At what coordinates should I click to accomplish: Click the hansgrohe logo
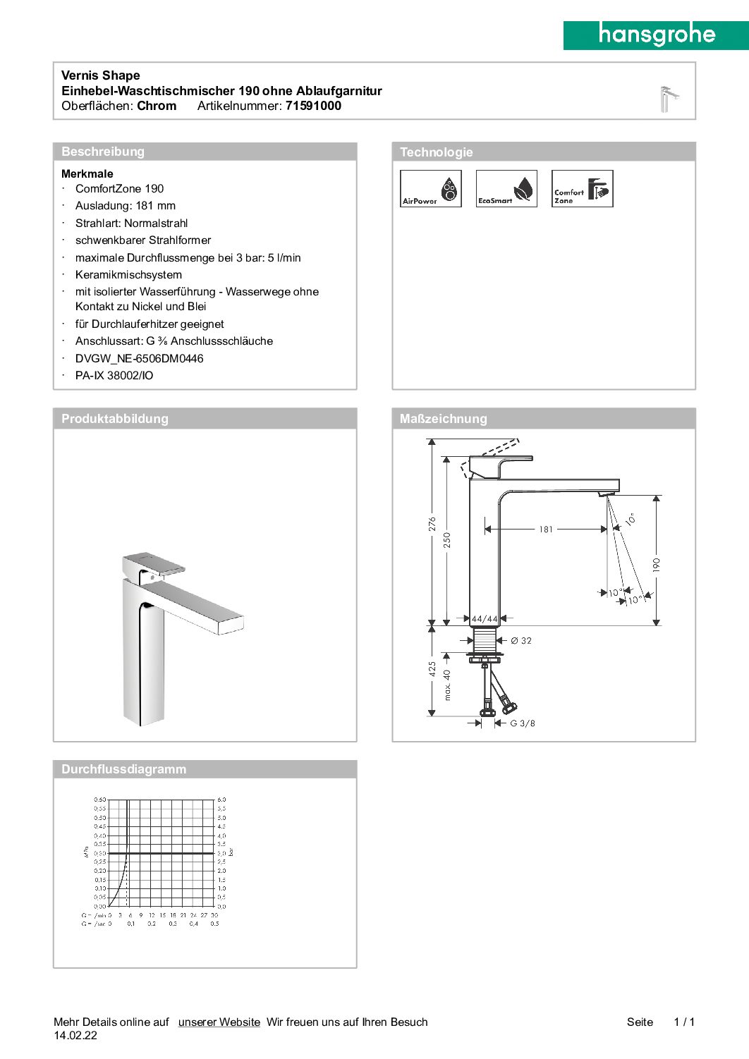656,35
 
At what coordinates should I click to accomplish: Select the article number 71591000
313,106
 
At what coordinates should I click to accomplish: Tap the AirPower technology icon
430,188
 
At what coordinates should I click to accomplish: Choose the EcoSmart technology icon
506,188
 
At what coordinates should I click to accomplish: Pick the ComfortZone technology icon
582,188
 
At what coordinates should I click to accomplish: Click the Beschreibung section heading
103,152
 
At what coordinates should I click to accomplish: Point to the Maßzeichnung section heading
443,419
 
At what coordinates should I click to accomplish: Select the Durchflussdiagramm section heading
124,769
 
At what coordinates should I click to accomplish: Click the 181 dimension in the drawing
546,529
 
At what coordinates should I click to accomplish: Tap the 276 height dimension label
432,524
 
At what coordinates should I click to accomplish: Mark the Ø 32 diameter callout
521,640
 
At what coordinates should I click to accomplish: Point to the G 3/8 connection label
523,723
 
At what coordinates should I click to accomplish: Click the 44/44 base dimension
484,619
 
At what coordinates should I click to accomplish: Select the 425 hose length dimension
432,669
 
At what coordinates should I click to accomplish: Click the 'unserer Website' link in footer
219,1022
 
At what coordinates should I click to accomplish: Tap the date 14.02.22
75,1035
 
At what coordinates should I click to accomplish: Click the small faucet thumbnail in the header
668,99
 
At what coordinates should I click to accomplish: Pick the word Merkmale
87,173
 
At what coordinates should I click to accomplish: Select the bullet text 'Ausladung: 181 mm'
126,206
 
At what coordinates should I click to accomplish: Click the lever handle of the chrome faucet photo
155,562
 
